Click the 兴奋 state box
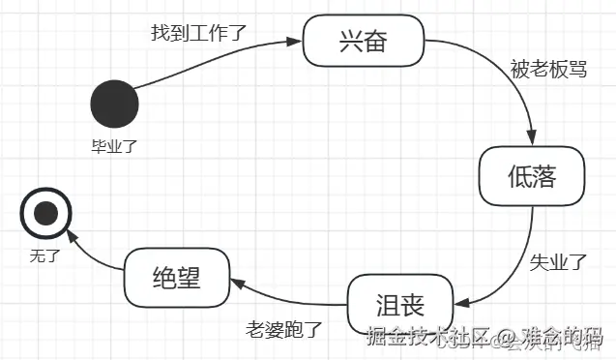coord(366,41)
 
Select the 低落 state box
coord(532,175)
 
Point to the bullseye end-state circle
coord(45,215)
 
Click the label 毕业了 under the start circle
coord(114,146)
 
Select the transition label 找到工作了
coord(199,32)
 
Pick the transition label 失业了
coord(559,260)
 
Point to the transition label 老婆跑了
coord(283,327)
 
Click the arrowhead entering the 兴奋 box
coord(297,40)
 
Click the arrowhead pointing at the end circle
coord(68,235)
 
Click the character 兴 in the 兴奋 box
coord(350,41)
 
